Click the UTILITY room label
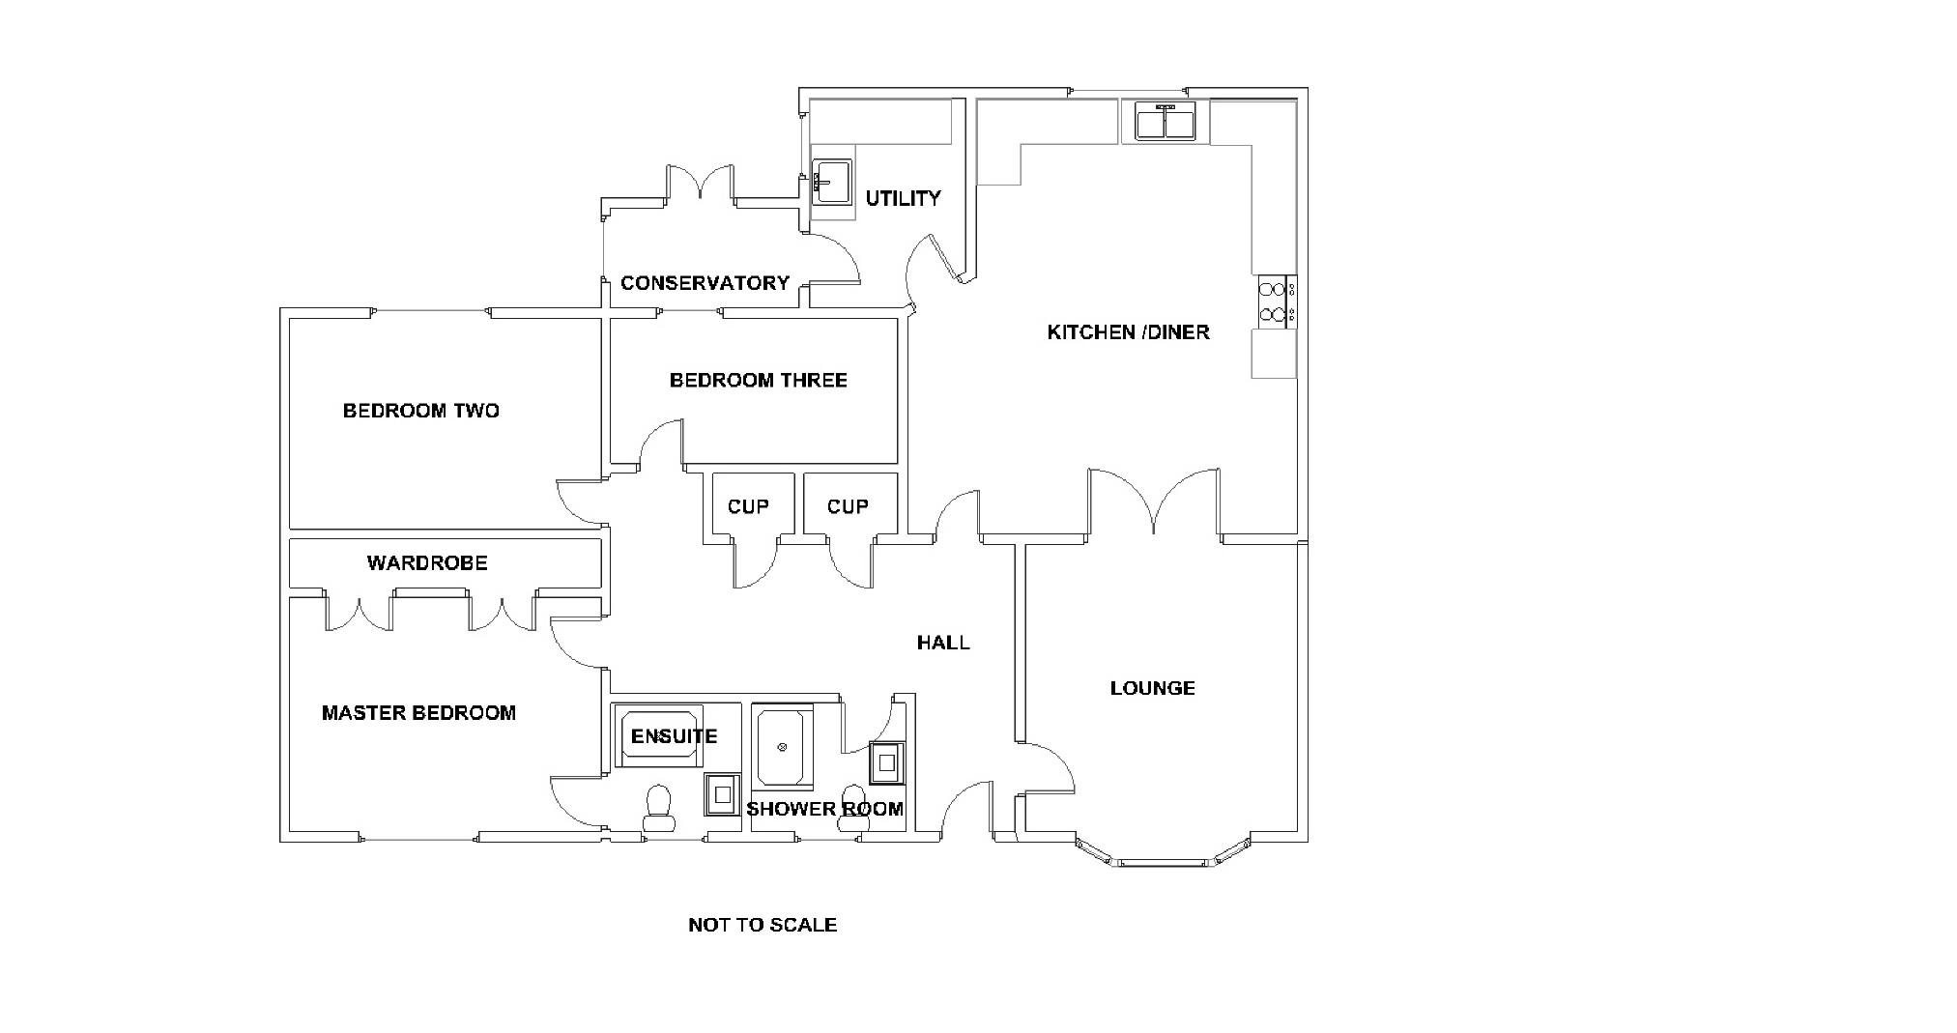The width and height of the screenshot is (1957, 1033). coord(903,198)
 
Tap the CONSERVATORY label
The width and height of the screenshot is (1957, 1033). coord(705,283)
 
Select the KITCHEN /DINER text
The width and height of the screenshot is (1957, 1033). coord(1128,332)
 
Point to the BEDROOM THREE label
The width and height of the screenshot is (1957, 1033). coord(758,381)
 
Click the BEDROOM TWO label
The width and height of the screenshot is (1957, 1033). coord(420,411)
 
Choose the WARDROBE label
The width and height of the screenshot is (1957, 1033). coord(427,563)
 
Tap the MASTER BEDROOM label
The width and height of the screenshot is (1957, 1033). coord(418,713)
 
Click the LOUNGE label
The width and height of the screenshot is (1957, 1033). coord(1152,688)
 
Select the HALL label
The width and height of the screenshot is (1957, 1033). coord(943,643)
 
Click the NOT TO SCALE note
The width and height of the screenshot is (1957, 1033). coord(762,925)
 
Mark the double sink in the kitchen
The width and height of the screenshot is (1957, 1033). coord(1165,123)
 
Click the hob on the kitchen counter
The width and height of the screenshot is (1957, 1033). coord(1275,301)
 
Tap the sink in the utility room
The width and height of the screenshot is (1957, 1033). coord(831,183)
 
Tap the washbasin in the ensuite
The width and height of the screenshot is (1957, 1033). coord(722,795)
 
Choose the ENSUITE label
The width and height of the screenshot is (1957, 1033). coord(674,736)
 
